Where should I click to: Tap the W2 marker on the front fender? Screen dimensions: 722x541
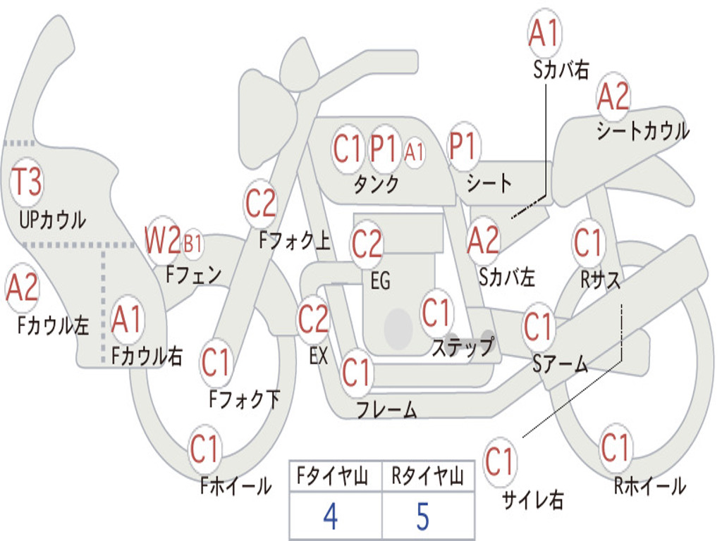tap(163, 240)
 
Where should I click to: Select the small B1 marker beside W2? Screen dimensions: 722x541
tap(193, 244)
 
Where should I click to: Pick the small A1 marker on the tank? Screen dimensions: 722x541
tap(415, 152)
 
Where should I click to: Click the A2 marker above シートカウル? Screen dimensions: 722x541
tap(613, 96)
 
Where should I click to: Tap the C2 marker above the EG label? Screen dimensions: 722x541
tap(367, 244)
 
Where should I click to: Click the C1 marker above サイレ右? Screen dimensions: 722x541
tap(499, 461)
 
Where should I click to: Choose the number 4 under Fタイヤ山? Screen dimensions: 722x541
tap(331, 516)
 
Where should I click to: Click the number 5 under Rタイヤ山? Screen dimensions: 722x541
tap(423, 516)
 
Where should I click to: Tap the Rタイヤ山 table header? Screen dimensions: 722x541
tap(428, 476)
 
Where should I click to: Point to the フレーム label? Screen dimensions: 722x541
tap(387, 409)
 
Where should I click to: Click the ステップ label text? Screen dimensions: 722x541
tap(463, 347)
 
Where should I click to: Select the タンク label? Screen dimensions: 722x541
tap(376, 185)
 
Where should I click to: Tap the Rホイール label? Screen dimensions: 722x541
tap(650, 486)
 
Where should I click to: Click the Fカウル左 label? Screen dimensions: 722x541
tap(53, 325)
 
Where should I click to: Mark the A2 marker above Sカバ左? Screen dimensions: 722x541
tap(483, 240)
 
